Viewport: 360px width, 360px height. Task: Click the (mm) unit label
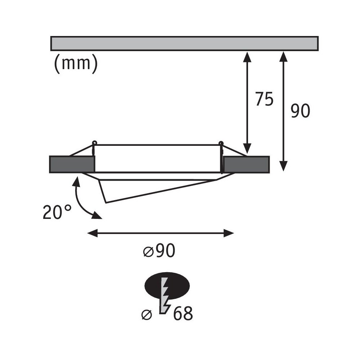[x=76, y=64]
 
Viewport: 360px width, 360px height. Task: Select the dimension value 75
[x=265, y=99]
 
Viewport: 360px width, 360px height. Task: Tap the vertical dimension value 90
[x=301, y=111]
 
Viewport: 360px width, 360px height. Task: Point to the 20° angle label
[x=57, y=212]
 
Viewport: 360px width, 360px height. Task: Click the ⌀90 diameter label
[x=159, y=251]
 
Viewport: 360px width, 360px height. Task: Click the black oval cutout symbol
[x=167, y=285]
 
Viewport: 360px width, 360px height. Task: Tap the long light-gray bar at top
[x=184, y=43]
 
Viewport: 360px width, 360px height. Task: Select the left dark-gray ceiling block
[x=72, y=164]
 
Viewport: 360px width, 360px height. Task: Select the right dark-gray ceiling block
[x=246, y=164]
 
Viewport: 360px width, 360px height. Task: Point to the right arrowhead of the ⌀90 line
[x=229, y=233]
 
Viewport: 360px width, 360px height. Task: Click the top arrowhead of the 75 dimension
[x=247, y=57]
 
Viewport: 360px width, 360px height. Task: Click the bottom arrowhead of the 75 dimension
[x=247, y=148]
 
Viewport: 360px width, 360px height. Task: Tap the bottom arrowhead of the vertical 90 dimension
[x=284, y=166]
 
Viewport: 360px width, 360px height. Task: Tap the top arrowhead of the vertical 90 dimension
[x=284, y=57]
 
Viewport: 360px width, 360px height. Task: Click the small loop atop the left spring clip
[x=94, y=143]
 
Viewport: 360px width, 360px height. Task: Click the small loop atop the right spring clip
[x=221, y=143]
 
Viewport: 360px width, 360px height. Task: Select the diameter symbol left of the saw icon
[x=147, y=315]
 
